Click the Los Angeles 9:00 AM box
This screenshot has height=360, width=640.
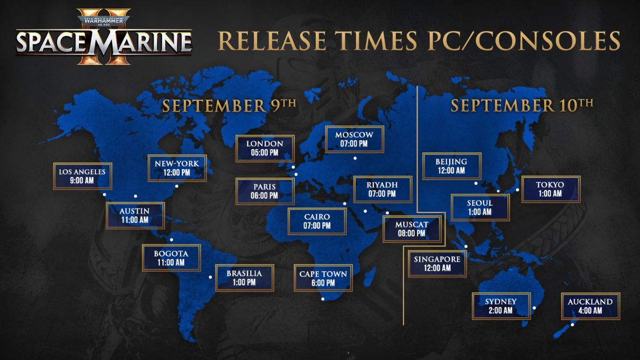pyautogui.click(x=83, y=176)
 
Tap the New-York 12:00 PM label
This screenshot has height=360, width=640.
pyautogui.click(x=177, y=167)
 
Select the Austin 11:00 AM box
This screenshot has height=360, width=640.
pyautogui.click(x=135, y=215)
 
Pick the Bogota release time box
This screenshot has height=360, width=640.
pyautogui.click(x=171, y=258)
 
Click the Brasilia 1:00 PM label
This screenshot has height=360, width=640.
pyautogui.click(x=244, y=277)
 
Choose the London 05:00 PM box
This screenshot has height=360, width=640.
pyautogui.click(x=265, y=148)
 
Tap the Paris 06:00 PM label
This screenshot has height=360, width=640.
pyautogui.click(x=265, y=191)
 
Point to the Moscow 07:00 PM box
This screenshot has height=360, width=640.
pyautogui.click(x=354, y=139)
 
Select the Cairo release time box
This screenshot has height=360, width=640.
pyautogui.click(x=317, y=221)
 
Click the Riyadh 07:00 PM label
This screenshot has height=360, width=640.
pyautogui.click(x=382, y=189)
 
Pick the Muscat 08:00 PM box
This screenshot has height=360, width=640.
pyautogui.click(x=411, y=229)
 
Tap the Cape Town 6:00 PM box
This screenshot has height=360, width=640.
pyautogui.click(x=323, y=278)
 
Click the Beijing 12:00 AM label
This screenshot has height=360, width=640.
pyautogui.click(x=452, y=166)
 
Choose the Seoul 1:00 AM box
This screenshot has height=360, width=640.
pyautogui.click(x=480, y=207)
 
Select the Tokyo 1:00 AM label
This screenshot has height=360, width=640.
pyautogui.click(x=550, y=189)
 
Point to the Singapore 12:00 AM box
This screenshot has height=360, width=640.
pyautogui.click(x=437, y=263)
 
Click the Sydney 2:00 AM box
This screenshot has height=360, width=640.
pyautogui.click(x=501, y=306)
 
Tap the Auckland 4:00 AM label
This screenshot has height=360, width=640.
pyautogui.click(x=590, y=306)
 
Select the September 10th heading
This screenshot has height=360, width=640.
pyautogui.click(x=522, y=105)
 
